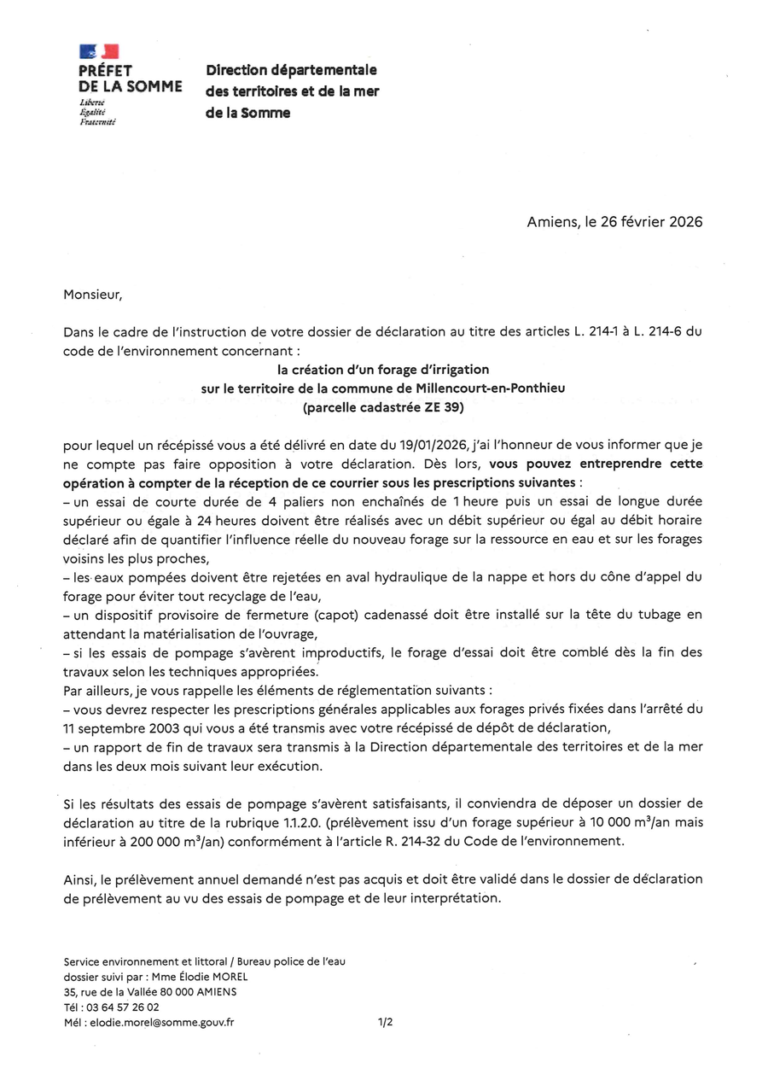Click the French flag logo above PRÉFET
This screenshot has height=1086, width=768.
coord(98,52)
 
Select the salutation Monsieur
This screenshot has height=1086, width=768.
coord(93,295)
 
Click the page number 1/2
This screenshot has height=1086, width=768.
coord(385,1022)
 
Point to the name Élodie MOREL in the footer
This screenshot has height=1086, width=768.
coord(211,976)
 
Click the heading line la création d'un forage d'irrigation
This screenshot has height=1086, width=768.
coord(383,370)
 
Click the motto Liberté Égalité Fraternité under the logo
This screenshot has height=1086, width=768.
coord(96,112)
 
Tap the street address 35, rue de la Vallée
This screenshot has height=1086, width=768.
coord(111,991)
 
